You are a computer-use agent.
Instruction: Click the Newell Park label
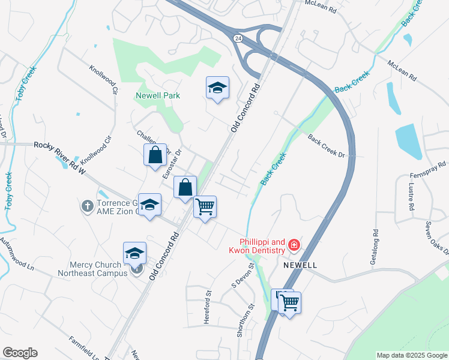158,95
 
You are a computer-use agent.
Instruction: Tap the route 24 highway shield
238,38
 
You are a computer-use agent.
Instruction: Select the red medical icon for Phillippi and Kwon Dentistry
294,244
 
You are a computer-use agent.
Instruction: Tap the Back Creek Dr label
327,146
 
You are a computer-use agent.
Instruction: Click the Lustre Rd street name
412,198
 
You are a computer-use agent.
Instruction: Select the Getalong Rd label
376,241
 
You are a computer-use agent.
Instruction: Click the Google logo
20,353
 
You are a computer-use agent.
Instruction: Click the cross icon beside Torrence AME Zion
87,206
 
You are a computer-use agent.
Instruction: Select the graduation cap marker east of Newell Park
217,88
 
